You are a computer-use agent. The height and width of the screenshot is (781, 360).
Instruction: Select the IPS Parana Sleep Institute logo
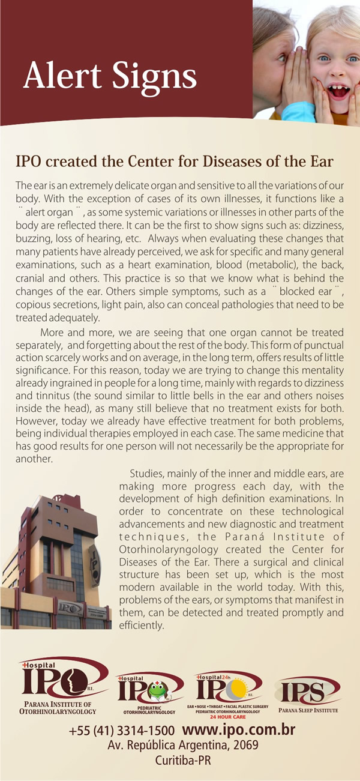[308, 693]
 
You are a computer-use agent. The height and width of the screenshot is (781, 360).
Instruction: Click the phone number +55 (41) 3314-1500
[121, 731]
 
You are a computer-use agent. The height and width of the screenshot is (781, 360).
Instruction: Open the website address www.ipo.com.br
[238, 731]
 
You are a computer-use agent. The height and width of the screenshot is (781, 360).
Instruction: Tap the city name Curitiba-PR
[182, 759]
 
